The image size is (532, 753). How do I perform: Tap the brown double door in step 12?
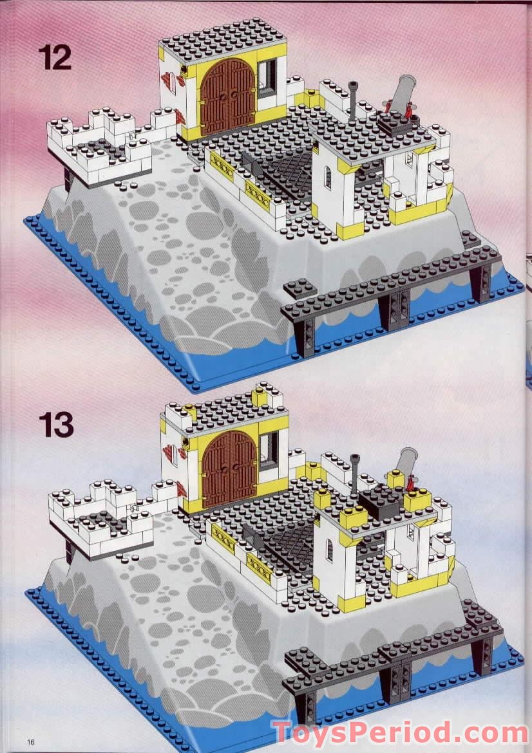click(227, 97)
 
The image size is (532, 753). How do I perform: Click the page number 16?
click(30, 741)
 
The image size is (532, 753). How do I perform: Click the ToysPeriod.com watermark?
click(400, 733)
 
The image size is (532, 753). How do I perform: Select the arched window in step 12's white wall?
click(327, 176)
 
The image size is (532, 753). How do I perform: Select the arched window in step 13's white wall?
click(328, 549)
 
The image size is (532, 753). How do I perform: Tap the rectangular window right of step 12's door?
click(269, 74)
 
